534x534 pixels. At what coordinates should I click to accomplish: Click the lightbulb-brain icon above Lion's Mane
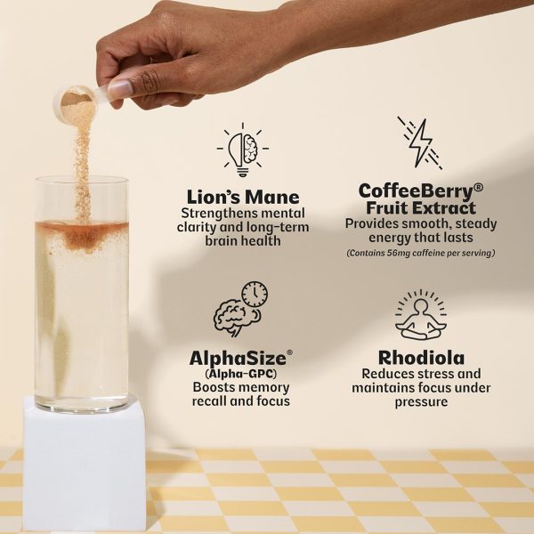[242, 150]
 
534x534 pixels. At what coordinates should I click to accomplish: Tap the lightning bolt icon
[420, 143]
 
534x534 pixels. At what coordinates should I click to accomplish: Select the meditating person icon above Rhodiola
[421, 315]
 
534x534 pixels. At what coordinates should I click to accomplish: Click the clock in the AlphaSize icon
[255, 295]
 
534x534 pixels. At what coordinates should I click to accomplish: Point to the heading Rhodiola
[421, 358]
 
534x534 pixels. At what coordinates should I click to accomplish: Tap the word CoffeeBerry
[416, 191]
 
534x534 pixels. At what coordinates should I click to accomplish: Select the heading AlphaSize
[238, 359]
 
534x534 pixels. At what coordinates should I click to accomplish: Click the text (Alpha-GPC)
[241, 374]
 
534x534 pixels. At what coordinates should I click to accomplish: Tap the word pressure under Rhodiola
[421, 402]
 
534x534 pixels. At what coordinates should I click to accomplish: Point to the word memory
[265, 387]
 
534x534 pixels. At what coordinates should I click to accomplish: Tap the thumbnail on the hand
[120, 88]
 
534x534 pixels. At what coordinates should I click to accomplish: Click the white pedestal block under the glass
[85, 465]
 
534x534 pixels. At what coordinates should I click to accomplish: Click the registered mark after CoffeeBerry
[478, 188]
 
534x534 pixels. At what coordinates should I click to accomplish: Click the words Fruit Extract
[421, 208]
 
